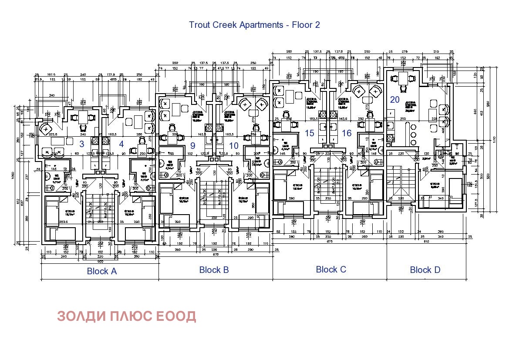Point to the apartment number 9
193,146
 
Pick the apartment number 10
234,146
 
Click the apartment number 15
310,133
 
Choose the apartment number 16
347,133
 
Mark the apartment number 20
395,99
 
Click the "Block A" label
102,271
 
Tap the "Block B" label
214,270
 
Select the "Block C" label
331,269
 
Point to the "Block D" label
425,270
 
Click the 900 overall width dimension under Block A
100,262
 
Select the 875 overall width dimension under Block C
330,241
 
